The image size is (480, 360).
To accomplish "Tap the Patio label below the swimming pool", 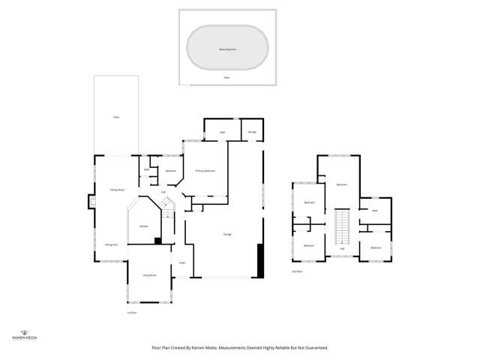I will click(x=226, y=77).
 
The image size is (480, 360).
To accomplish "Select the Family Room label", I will click(x=116, y=190).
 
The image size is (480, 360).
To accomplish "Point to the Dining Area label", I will click(x=110, y=244).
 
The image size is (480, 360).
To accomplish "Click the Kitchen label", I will click(x=142, y=226).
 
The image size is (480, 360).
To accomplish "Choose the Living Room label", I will click(x=149, y=275).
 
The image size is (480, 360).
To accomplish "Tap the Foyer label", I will click(x=181, y=262).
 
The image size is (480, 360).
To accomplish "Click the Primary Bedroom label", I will click(x=205, y=171).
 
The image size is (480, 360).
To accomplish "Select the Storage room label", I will click(x=252, y=132).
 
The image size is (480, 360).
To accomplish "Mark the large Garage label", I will click(x=226, y=235).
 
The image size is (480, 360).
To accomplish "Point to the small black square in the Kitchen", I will click(x=157, y=241).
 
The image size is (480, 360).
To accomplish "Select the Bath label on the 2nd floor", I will click(x=375, y=211).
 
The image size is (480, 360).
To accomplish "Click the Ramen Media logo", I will click(x=25, y=334).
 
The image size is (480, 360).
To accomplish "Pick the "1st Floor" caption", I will click(x=132, y=312).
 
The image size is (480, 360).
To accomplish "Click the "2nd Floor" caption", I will click(x=297, y=271).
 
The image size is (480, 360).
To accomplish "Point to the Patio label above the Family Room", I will click(x=116, y=117).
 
